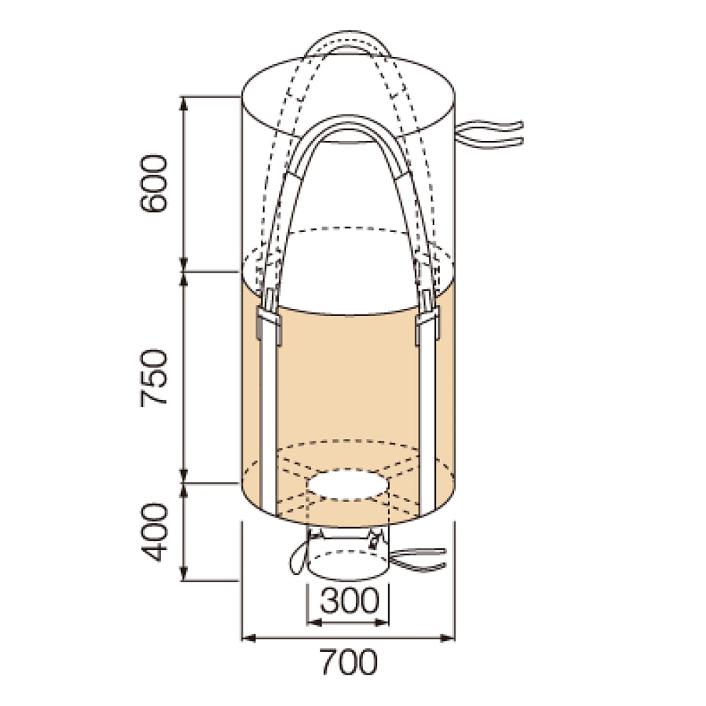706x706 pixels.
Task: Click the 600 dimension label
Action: tap(153, 184)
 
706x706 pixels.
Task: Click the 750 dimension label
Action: tap(153, 379)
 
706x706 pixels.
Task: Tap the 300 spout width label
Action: tap(349, 600)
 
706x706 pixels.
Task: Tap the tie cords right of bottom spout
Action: tap(418, 566)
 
